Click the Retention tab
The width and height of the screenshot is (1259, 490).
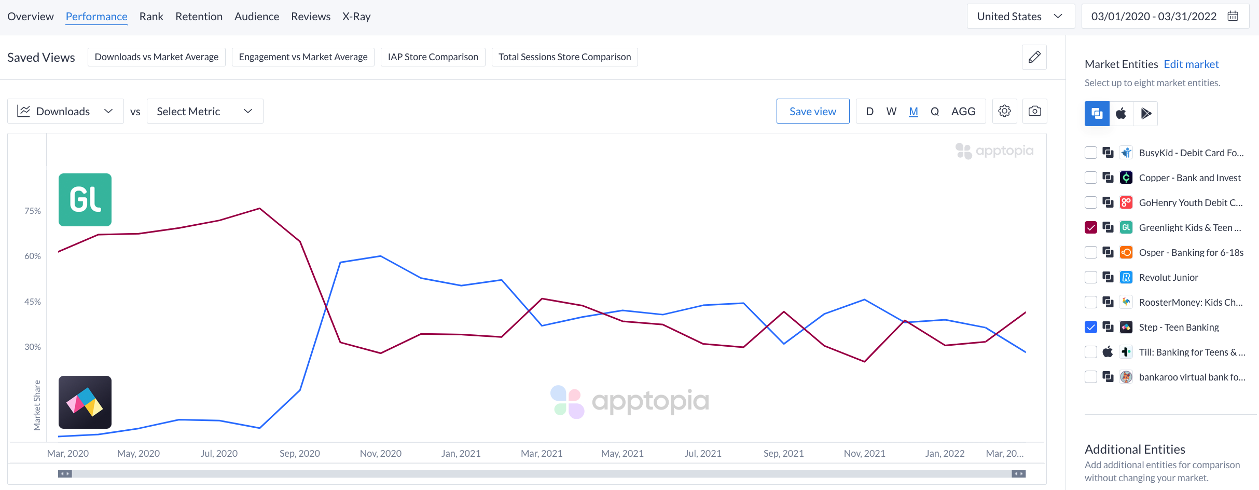point(199,17)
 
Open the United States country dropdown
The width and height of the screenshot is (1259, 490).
point(1020,17)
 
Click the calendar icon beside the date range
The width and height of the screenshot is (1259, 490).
point(1233,16)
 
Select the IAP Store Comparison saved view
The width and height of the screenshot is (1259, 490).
point(433,57)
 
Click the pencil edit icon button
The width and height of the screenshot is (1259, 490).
point(1034,57)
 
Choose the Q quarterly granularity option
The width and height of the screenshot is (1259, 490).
point(935,112)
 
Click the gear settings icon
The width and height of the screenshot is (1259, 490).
point(1004,111)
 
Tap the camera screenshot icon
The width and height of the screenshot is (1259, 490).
point(1034,111)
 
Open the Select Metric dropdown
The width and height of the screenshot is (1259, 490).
point(205,112)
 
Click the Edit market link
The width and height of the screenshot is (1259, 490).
point(1191,64)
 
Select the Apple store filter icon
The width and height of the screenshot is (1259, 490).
point(1121,114)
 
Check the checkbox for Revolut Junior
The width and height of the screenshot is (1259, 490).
point(1091,277)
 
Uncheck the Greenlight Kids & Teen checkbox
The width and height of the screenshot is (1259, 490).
point(1091,227)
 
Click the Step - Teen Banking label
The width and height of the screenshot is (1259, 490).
point(1179,327)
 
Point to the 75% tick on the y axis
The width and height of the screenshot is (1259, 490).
point(32,211)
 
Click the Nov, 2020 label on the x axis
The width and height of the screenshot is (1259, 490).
point(380,454)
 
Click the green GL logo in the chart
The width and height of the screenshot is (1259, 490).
point(85,200)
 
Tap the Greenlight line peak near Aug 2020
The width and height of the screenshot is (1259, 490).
point(259,209)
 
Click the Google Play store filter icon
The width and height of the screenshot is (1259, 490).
point(1145,114)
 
